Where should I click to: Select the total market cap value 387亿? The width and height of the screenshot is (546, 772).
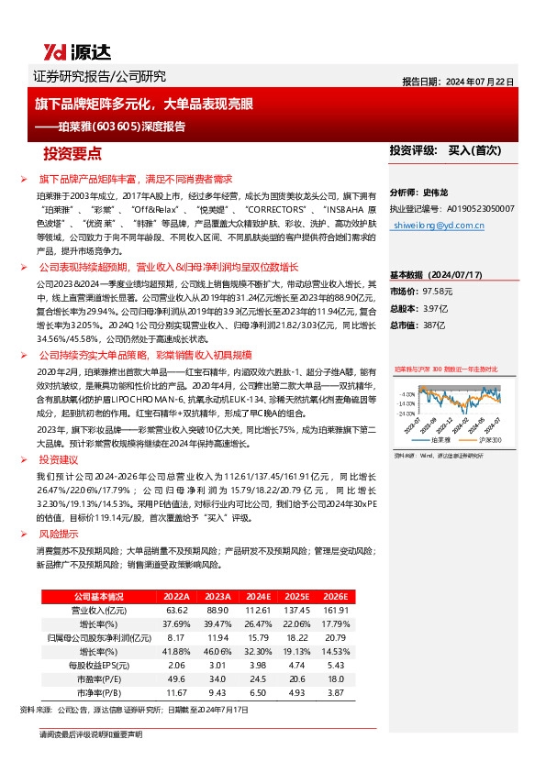coord(436,324)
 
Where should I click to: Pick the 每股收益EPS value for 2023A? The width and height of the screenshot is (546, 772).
coord(217,665)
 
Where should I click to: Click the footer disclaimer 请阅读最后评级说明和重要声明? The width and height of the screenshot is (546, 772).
coord(91,735)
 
